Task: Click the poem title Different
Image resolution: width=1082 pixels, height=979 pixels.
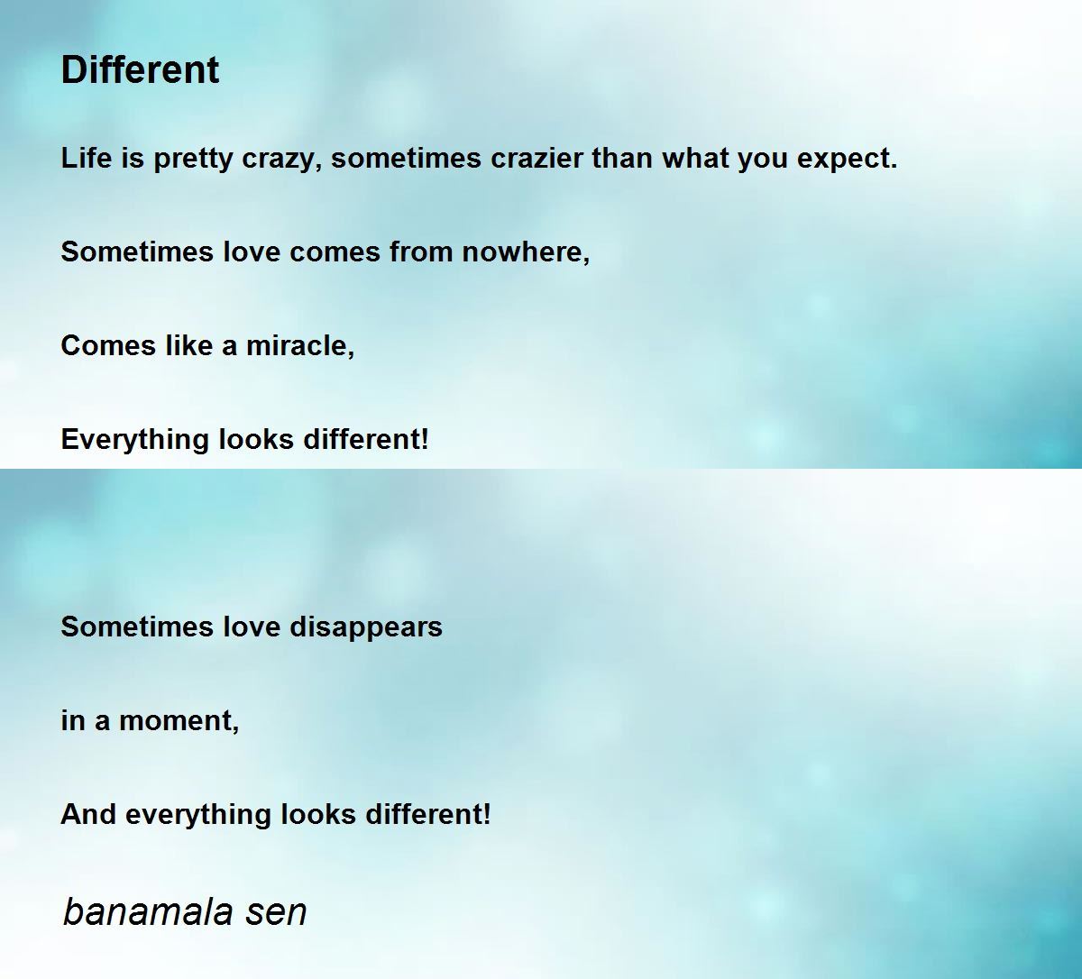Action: [x=141, y=70]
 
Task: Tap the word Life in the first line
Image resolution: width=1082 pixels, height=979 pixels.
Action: [x=87, y=158]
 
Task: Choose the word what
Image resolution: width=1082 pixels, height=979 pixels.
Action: [x=695, y=158]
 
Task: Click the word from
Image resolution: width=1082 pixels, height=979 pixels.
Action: [x=421, y=252]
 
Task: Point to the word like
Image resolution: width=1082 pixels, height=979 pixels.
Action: [x=188, y=345]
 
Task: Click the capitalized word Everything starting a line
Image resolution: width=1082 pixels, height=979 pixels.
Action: [x=135, y=441]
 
